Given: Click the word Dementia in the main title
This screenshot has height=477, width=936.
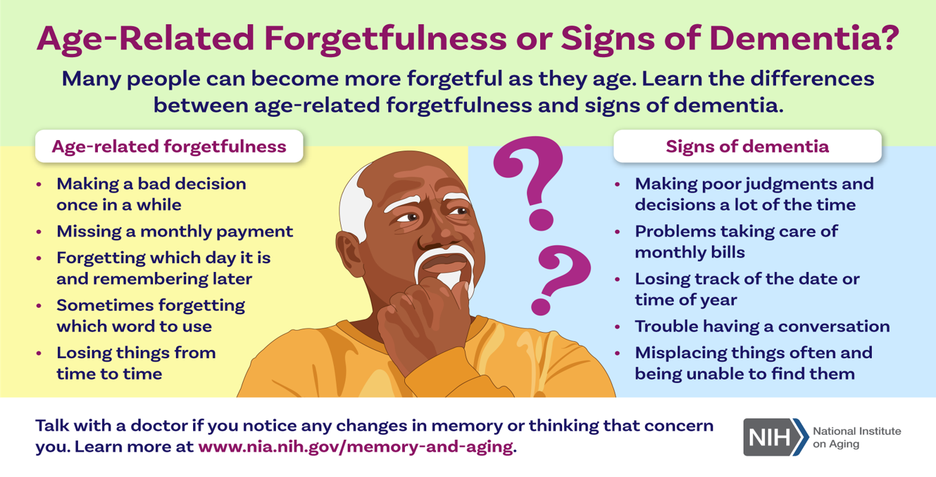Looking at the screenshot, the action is pos(803,39).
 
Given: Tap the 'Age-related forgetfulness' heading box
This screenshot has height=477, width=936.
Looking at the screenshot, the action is pos(169,146).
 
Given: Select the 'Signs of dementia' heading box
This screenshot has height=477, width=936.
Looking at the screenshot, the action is pos(748,146).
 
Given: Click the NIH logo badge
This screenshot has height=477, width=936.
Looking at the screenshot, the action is pos(775,437).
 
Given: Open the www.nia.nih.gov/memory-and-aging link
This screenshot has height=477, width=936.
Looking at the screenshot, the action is pos(356,447).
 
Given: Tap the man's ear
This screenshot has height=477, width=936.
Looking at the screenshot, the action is pos(350,254).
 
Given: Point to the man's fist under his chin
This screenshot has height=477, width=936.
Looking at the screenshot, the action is pos(422,318).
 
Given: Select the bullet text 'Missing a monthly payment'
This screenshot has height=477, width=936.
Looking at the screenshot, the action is pos(175,232).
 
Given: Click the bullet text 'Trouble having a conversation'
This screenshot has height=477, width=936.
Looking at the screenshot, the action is pos(762,327).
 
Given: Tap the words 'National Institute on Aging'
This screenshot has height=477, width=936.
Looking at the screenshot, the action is pos(857,437).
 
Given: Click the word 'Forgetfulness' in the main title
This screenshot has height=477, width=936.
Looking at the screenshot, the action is pos(386,39).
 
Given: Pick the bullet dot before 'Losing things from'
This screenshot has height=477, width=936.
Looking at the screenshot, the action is pos(39,353).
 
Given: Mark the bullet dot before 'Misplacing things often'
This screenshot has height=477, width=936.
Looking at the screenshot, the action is pos(617,353).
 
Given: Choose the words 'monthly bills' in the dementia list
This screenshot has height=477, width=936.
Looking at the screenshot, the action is pos(690,253).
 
